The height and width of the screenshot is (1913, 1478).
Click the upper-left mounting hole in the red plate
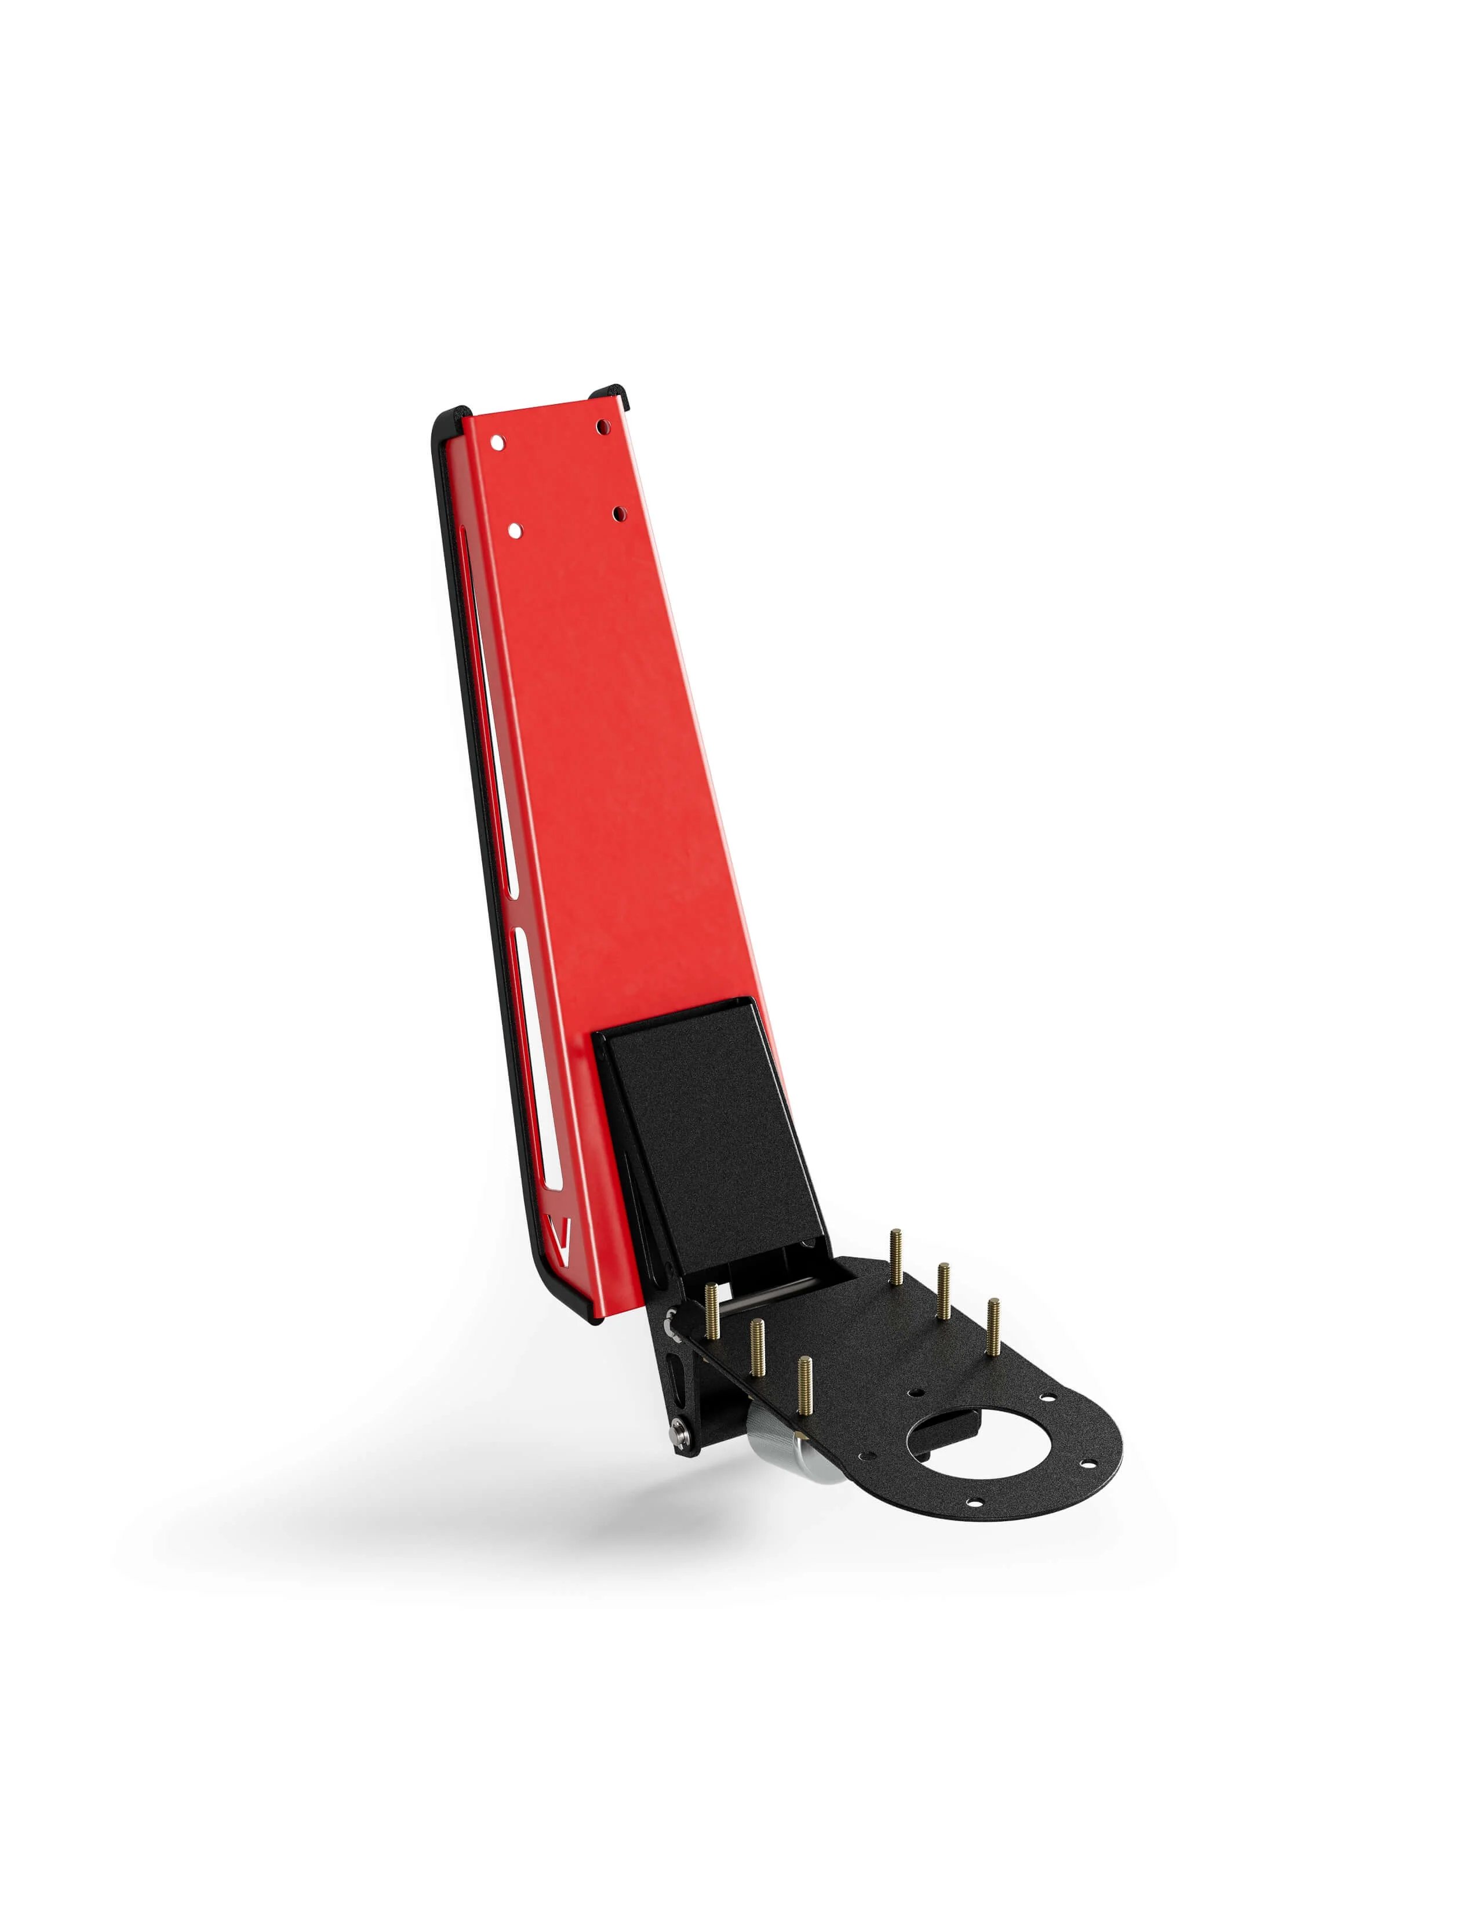(x=497, y=443)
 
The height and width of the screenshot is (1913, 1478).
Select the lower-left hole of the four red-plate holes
(x=515, y=531)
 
